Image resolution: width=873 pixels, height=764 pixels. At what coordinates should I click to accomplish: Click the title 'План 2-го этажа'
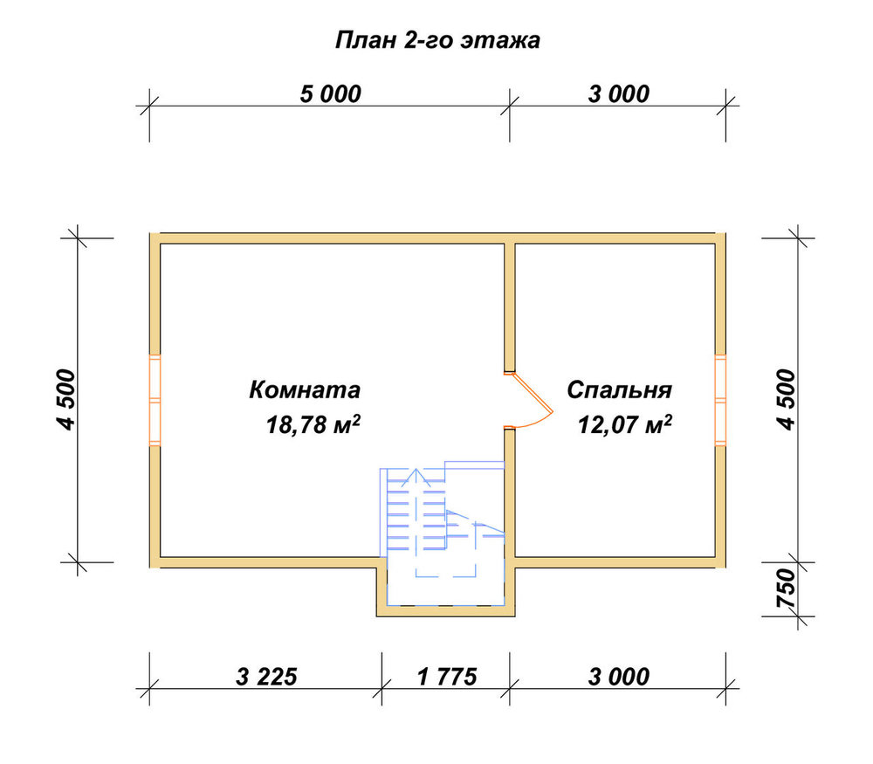point(437,41)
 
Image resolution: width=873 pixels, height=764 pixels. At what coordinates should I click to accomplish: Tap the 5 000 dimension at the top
point(331,94)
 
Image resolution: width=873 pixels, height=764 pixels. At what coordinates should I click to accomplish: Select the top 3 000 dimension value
point(619,94)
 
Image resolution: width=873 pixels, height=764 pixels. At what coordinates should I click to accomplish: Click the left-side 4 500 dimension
point(65,399)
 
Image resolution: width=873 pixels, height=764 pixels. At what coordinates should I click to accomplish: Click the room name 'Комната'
point(305,389)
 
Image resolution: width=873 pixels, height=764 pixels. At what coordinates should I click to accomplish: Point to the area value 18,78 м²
point(313,424)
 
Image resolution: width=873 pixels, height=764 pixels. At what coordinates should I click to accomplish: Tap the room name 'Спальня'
point(619,389)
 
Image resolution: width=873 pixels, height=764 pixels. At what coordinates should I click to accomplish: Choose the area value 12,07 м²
point(625,424)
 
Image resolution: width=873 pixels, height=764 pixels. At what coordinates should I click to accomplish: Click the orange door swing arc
point(543,422)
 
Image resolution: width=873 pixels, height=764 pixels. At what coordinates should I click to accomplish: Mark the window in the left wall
point(155,400)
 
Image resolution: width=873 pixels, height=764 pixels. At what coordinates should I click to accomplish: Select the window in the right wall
point(720,400)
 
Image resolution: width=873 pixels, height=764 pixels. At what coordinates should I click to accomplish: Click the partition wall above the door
point(510,307)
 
